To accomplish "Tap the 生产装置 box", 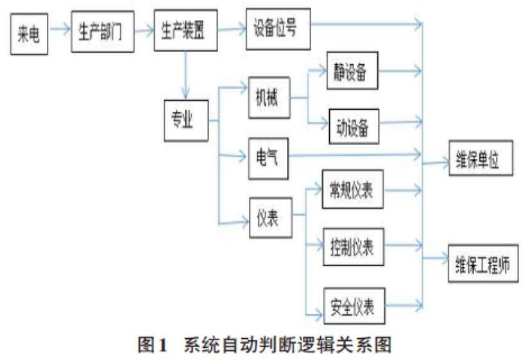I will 185,31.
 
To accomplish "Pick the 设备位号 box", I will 278,29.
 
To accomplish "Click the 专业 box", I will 186,119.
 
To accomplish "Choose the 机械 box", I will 269,98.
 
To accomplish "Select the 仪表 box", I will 269,218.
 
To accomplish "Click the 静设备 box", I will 352,71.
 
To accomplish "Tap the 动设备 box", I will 353,125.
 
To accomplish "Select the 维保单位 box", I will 481,158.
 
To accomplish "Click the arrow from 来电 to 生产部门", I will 59,29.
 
